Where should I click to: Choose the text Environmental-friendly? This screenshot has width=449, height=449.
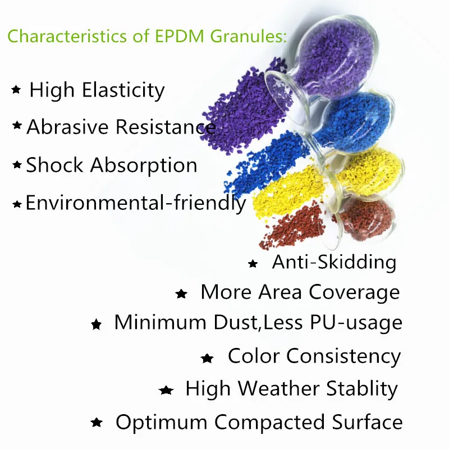click(136, 203)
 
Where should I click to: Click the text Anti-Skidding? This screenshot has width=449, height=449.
click(334, 262)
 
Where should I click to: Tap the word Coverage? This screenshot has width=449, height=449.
click(354, 292)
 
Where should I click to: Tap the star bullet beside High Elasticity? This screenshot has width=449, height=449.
click(16, 90)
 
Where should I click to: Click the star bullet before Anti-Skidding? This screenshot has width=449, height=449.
click(253, 263)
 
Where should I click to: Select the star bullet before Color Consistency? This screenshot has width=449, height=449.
click(207, 358)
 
